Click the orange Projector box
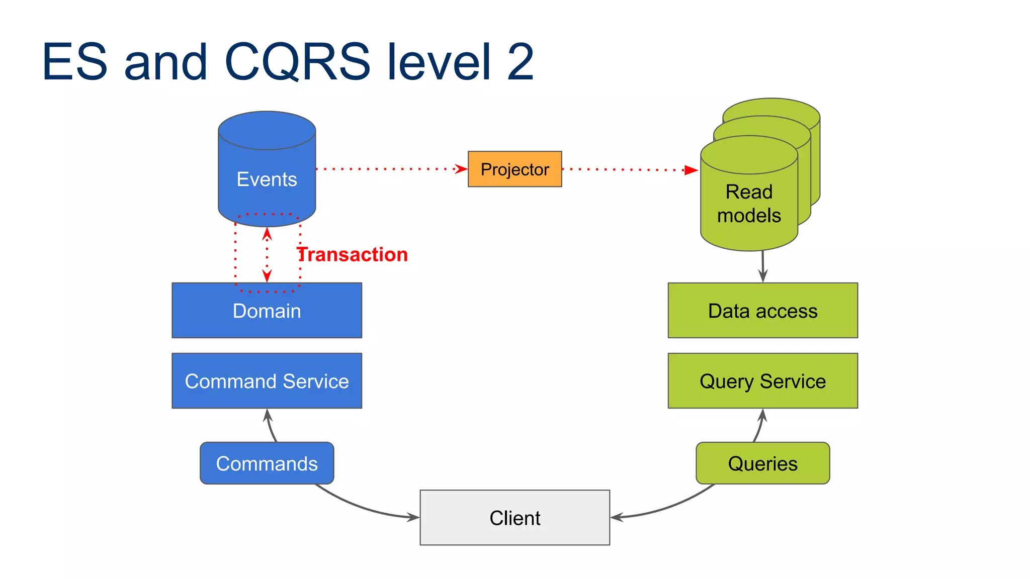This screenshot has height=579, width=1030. (x=514, y=169)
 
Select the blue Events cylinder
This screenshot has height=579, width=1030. (x=267, y=171)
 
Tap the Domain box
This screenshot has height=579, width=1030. (x=267, y=311)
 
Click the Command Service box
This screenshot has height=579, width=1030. (x=267, y=381)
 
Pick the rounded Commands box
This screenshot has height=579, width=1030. (x=267, y=463)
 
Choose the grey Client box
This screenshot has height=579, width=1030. (x=514, y=518)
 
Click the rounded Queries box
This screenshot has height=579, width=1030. (x=762, y=463)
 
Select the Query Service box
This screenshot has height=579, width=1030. (x=762, y=381)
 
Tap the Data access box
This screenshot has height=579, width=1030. (x=762, y=311)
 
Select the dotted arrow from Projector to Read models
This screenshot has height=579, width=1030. (x=629, y=170)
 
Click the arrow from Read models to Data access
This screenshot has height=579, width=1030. (x=763, y=266)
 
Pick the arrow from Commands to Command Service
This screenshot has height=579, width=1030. (x=270, y=426)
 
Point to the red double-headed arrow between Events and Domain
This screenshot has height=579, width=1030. (x=267, y=255)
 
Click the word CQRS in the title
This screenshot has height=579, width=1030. (x=297, y=62)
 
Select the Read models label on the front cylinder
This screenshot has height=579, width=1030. (x=749, y=204)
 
